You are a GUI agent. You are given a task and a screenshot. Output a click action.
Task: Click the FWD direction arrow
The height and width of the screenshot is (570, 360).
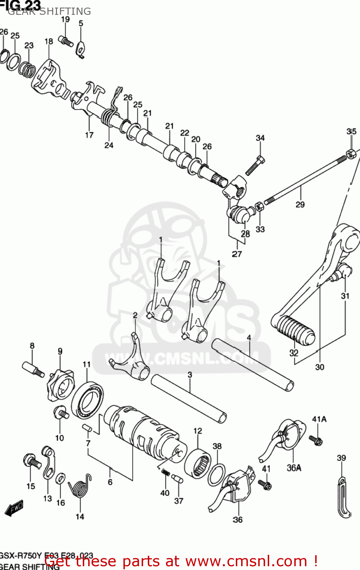pos(14,508)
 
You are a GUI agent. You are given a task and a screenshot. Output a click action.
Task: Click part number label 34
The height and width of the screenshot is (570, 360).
pos(260,138)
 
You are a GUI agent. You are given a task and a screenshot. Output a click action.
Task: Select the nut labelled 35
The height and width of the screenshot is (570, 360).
pos(351,153)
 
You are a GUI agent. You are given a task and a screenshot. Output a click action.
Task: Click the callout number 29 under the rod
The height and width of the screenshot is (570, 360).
pos(300,204)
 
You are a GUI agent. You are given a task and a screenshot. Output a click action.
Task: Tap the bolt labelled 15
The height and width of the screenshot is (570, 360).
pos(32,462)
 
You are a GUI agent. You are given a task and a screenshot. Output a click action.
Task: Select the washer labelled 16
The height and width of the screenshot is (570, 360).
pos(60,478)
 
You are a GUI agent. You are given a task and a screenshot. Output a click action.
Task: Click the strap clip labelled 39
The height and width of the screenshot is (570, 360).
pos(344,498)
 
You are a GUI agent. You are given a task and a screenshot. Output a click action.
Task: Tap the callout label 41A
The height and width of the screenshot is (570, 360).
pos(319,419)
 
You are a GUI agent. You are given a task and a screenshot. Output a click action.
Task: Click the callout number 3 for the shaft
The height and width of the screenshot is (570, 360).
pos(189,375)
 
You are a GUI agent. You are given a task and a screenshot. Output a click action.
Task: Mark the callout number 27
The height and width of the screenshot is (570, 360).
pos(237,254)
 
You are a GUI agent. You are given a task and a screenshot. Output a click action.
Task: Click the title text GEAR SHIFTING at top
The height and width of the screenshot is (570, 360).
pos(49,11)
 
